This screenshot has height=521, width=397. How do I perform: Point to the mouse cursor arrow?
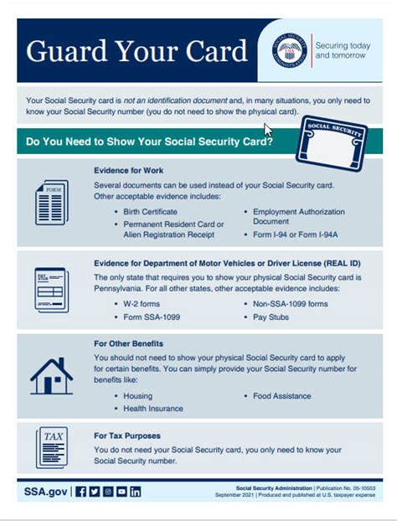pos(268,131)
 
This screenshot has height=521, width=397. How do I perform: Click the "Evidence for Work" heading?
pos(128,170)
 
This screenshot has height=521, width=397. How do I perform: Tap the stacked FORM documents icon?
pos(51,202)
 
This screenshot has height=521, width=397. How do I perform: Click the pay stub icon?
pos(51,290)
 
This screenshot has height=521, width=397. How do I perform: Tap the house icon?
pos(51,375)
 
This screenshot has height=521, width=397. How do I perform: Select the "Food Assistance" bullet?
pos(281,395)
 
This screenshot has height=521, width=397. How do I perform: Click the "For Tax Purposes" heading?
pos(127,436)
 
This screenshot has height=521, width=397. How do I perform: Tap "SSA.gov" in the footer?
pos(44,491)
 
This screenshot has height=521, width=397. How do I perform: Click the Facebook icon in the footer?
pos(81,491)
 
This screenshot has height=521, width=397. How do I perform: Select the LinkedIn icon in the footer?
pos(136,491)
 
